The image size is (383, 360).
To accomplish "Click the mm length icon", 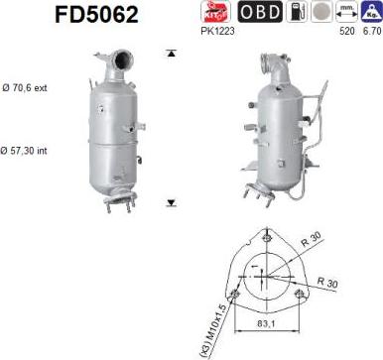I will [345, 12].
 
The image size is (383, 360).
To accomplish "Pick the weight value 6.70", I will [370, 31].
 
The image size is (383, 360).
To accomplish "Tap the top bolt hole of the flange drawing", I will [265, 236].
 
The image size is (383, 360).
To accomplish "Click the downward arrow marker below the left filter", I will [171, 202].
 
